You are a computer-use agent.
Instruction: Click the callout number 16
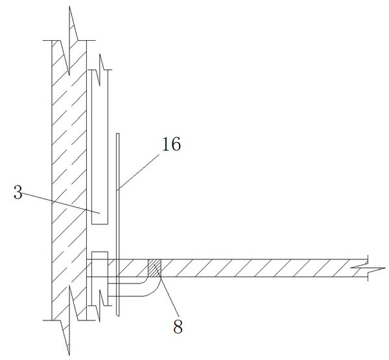point(171,144)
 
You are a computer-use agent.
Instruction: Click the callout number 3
point(18,193)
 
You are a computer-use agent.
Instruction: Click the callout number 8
point(178,326)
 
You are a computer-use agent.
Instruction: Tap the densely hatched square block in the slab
point(154,268)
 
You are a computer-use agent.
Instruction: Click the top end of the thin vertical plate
point(117,134)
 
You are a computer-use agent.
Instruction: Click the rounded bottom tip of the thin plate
point(117,315)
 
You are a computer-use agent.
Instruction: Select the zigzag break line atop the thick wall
point(69,40)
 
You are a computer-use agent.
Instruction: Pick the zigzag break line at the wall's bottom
point(69,320)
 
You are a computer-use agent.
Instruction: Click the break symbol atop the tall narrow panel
point(100,70)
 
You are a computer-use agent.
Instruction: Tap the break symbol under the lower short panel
point(100,306)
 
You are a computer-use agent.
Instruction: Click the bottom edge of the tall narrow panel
point(100,224)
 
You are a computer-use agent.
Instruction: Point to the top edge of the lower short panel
point(100,252)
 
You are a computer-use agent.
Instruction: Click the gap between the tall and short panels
point(100,238)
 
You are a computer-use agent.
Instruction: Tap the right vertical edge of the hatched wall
point(86,180)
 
